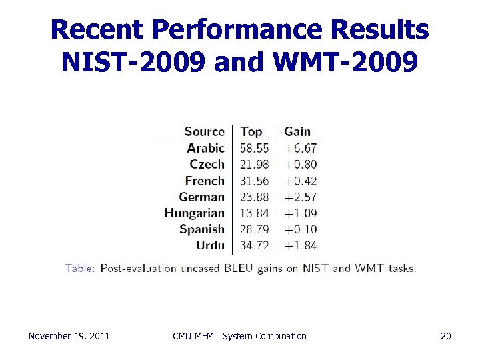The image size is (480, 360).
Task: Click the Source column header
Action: [x=204, y=131]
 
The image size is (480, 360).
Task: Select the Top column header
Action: [x=251, y=132]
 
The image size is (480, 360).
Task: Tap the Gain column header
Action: [x=297, y=131]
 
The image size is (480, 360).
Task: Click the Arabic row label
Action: [x=205, y=148]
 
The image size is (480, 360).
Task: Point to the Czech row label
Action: [x=207, y=164]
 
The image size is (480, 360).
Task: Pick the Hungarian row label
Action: [x=195, y=213]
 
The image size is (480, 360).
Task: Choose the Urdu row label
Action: [x=210, y=245]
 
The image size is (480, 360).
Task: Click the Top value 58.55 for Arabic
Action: [x=255, y=148]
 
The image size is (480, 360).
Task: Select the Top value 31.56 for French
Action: [x=255, y=181]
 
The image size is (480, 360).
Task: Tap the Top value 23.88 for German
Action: [x=255, y=197]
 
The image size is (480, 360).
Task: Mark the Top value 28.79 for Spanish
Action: [x=255, y=229]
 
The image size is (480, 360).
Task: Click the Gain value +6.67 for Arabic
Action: [x=300, y=148]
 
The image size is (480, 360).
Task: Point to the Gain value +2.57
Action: [x=300, y=197]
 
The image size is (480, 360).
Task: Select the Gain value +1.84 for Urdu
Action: [x=300, y=245]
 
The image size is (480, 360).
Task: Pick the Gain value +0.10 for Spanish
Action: [x=300, y=229]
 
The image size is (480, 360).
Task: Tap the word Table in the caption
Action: [x=79, y=269]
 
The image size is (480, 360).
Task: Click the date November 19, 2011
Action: [x=69, y=336]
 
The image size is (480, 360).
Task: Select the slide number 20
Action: [x=446, y=336]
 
